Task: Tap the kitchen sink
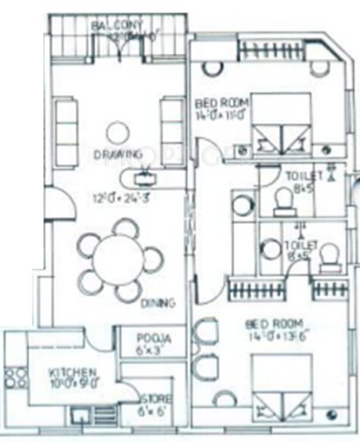[x=81, y=415]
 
